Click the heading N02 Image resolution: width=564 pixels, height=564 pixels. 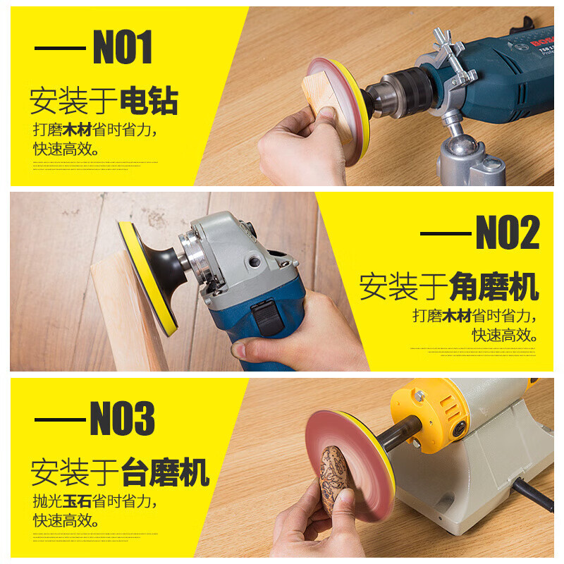coord(508,233)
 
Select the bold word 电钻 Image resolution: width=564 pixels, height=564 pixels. coord(149,101)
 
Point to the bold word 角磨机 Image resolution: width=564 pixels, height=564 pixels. coord(494,287)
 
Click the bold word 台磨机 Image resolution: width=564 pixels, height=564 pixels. coord(166,472)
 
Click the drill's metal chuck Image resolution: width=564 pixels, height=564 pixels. coord(398,92)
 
